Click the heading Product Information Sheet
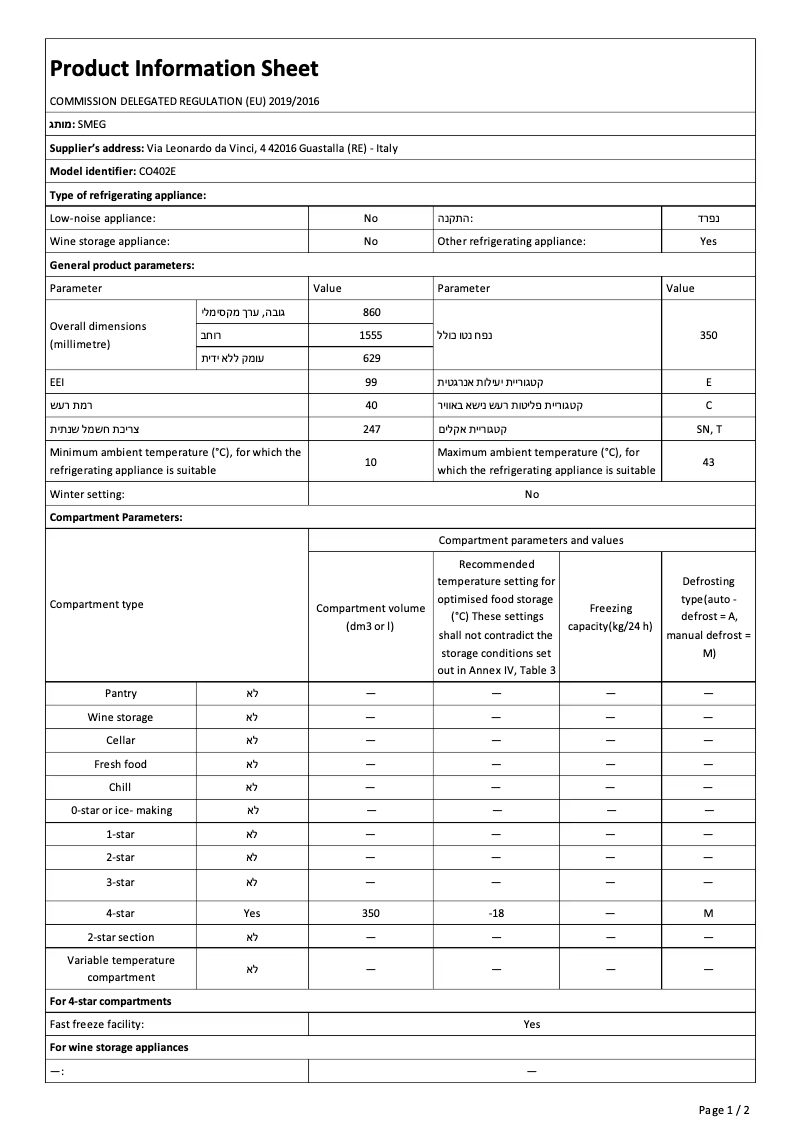pyautogui.click(x=184, y=68)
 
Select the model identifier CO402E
pyautogui.click(x=157, y=171)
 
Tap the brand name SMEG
pyautogui.click(x=91, y=124)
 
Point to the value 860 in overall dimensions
pyautogui.click(x=371, y=312)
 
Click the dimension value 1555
pyautogui.click(x=371, y=335)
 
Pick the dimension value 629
pyautogui.click(x=371, y=358)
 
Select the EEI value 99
pyautogui.click(x=371, y=382)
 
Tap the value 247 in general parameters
pyautogui.click(x=371, y=428)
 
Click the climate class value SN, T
pyautogui.click(x=708, y=428)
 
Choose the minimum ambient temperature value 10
pyautogui.click(x=371, y=461)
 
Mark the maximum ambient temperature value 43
pyautogui.click(x=708, y=461)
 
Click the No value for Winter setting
pyautogui.click(x=531, y=494)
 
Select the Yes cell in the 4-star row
pyautogui.click(x=252, y=913)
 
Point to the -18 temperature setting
pyautogui.click(x=496, y=913)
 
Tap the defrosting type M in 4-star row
pyautogui.click(x=708, y=913)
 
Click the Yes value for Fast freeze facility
pyautogui.click(x=531, y=1024)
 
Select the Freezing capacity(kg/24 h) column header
pyautogui.click(x=610, y=617)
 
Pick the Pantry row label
pyautogui.click(x=121, y=693)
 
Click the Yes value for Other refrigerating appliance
pyautogui.click(x=708, y=241)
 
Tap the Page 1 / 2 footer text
pyautogui.click(x=723, y=1110)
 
